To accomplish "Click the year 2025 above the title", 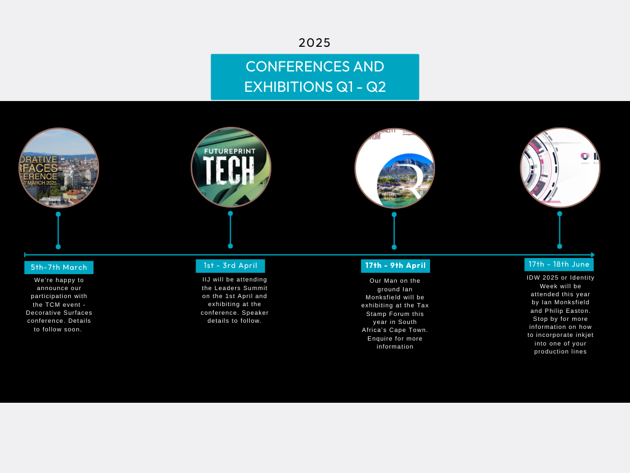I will (314, 42).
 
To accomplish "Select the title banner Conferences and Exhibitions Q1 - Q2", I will (314, 76).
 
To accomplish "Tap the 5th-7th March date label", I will (59, 267).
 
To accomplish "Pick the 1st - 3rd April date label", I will (230, 265).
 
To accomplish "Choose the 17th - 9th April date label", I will (395, 265).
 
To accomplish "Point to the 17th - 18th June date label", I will (559, 264).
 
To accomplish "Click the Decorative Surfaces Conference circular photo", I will (58, 168).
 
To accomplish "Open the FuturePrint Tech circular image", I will (231, 168).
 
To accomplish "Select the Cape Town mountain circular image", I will (394, 168).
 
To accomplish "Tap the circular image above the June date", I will (560, 168).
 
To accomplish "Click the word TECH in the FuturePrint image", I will (228, 170).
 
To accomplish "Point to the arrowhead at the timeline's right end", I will (592, 254).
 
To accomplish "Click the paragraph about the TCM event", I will (58, 304).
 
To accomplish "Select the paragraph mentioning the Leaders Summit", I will (234, 300).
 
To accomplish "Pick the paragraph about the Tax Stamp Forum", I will (395, 313).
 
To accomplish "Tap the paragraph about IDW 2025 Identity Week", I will (560, 314).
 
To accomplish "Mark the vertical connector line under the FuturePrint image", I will (230, 230).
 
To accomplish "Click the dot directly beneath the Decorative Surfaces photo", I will (58, 214).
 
